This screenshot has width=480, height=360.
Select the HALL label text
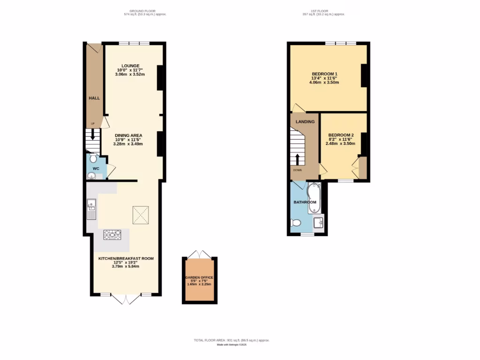(94, 98)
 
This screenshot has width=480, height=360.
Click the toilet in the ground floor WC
(92, 157)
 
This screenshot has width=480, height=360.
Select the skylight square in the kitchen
(140, 215)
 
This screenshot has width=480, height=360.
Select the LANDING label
(305, 122)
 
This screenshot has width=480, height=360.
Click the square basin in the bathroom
(319, 222)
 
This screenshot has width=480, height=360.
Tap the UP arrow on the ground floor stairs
(93, 135)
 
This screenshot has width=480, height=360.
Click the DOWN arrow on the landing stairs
(297, 159)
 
